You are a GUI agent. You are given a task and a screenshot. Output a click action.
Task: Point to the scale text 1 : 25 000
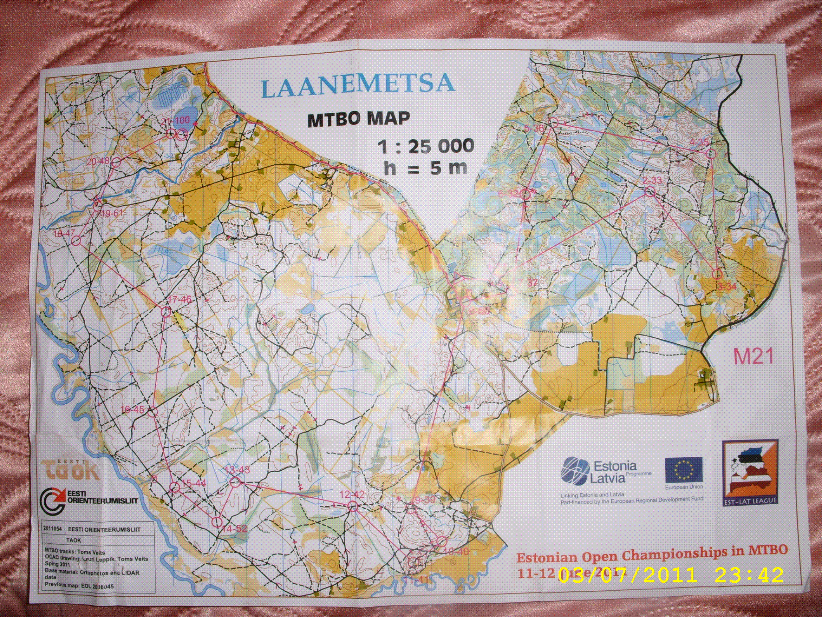pos(426,146)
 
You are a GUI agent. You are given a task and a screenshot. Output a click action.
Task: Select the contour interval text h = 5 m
pos(426,168)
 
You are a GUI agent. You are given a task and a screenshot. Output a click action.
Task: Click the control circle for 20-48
pos(117,162)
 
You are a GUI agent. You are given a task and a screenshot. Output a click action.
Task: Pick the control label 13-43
pos(237,470)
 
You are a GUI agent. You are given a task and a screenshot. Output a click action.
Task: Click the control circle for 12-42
pos(353,506)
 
